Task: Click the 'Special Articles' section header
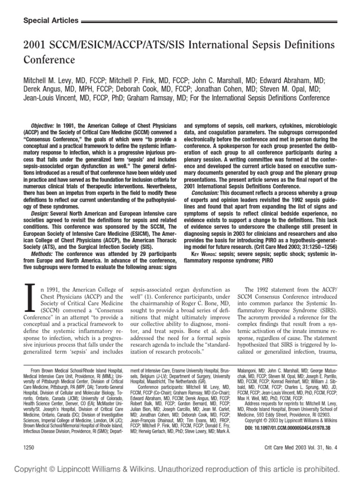coord(51,21)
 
